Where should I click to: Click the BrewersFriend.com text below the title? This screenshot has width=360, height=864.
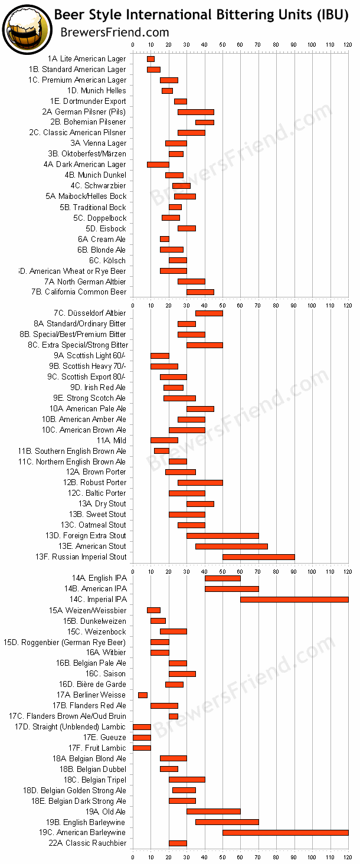pyautogui.click(x=114, y=32)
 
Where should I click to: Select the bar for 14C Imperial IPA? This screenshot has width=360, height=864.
pyautogui.click(x=294, y=600)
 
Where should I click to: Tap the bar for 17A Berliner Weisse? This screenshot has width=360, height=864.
pyautogui.click(x=143, y=695)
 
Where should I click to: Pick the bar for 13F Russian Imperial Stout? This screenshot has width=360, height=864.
pyautogui.click(x=258, y=557)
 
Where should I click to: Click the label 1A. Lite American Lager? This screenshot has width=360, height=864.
pyautogui.click(x=87, y=59)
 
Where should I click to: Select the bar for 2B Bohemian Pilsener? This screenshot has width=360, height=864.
pyautogui.click(x=205, y=122)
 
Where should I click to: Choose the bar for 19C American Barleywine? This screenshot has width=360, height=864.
pyautogui.click(x=285, y=833)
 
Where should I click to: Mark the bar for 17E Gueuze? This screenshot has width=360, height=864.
pyautogui.click(x=142, y=738)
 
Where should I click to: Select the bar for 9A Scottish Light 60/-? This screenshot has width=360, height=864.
pyautogui.click(x=160, y=356)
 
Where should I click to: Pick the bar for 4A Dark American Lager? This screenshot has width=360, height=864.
pyautogui.click(x=158, y=165)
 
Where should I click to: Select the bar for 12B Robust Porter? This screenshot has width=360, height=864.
pyautogui.click(x=200, y=483)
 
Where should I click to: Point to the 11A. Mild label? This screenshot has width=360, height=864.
pyautogui.click(x=112, y=441)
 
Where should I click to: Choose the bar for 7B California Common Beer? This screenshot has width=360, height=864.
pyautogui.click(x=200, y=292)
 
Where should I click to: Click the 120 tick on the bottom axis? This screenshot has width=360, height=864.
pyautogui.click(x=348, y=857)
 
